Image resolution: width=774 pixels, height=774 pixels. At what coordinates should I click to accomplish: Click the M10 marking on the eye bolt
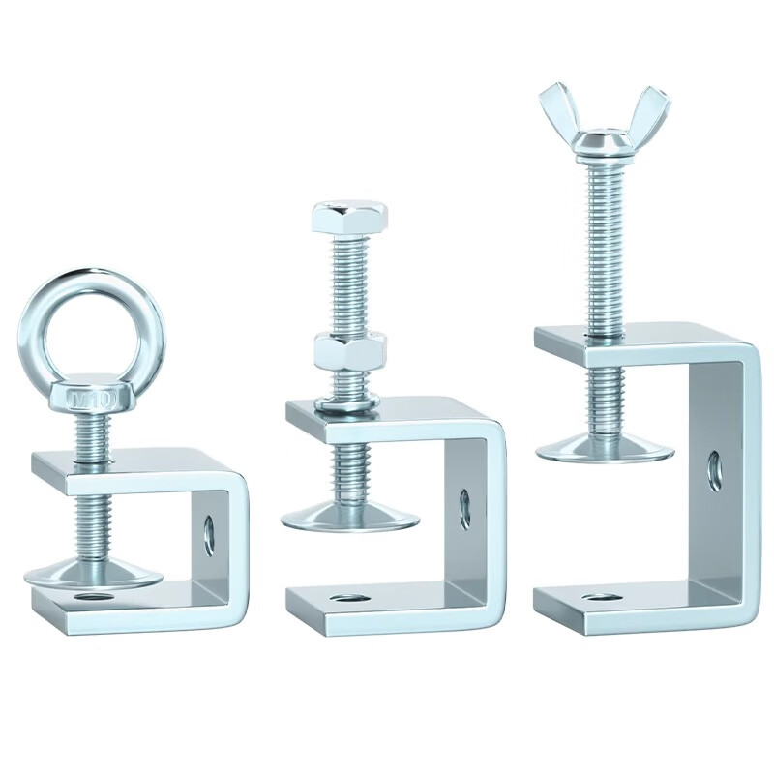click(92, 400)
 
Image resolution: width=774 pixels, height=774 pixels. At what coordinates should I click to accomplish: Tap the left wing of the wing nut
click(560, 111)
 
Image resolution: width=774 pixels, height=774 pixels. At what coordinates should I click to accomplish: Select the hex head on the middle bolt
click(349, 216)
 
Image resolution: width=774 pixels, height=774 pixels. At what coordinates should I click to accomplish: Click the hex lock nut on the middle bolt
click(349, 352)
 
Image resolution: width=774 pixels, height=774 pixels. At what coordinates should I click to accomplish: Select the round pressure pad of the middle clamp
click(350, 518)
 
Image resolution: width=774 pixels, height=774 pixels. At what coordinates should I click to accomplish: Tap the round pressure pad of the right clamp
click(605, 449)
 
